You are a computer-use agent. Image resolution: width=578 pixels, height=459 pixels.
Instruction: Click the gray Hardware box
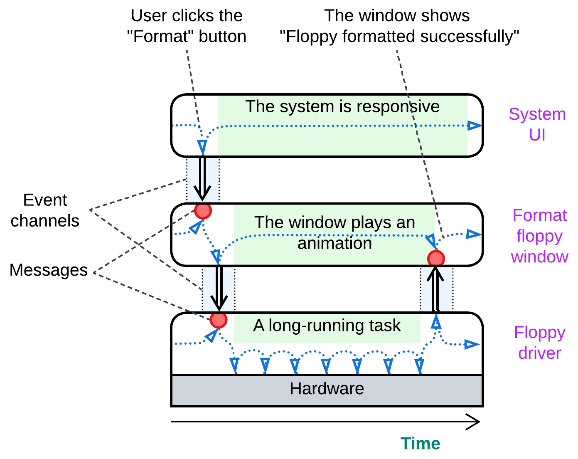click(327, 390)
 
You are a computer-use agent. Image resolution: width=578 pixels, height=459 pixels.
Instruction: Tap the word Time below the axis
click(420, 444)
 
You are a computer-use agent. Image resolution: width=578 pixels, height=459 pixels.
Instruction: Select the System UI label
click(537, 124)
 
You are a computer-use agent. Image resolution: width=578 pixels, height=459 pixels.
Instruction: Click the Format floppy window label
click(539, 236)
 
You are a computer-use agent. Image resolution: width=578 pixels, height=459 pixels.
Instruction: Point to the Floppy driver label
click(539, 343)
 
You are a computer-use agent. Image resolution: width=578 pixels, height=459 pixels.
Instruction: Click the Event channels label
click(45, 210)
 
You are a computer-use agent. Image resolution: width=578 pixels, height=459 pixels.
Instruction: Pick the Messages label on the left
click(48, 270)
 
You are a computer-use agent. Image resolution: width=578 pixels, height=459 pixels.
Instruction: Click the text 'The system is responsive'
click(342, 107)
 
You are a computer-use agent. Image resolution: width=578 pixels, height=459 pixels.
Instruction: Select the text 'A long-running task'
click(327, 326)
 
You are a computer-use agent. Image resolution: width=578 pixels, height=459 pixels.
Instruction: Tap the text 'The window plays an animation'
click(335, 233)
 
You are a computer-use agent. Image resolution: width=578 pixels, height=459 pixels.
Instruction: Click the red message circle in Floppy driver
click(219, 320)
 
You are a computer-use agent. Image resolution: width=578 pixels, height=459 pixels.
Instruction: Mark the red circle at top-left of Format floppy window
click(203, 210)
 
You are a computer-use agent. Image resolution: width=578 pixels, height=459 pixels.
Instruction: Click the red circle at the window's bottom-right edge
click(436, 259)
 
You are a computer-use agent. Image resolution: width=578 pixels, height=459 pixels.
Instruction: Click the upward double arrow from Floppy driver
click(435, 289)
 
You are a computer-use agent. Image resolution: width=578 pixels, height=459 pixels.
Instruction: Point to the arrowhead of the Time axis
click(475, 422)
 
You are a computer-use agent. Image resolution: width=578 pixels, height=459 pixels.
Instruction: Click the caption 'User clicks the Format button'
click(187, 26)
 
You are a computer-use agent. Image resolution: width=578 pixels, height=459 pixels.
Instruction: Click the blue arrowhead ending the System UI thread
click(474, 126)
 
